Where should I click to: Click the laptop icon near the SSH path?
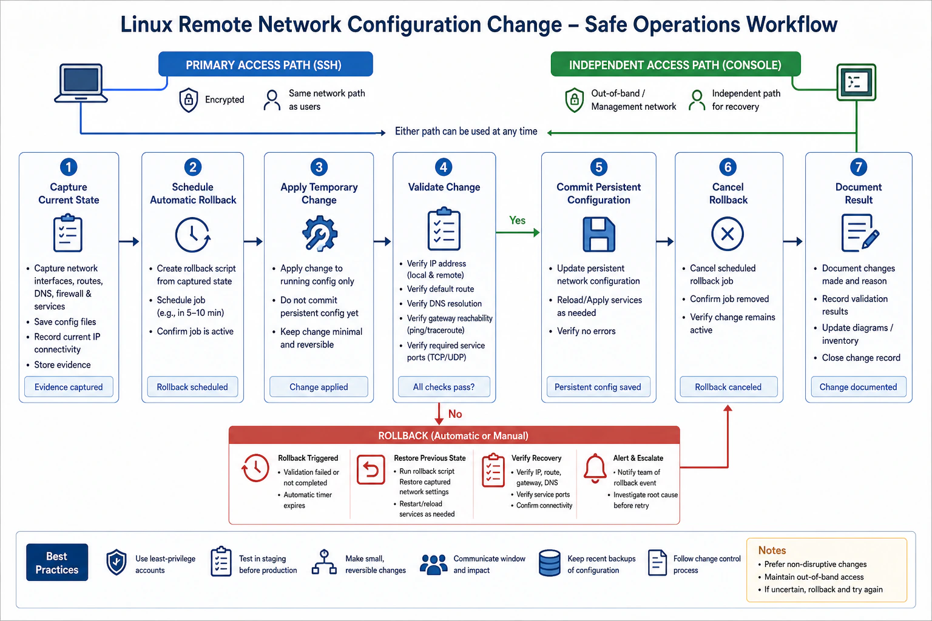[81, 82]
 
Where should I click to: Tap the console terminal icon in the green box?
[856, 82]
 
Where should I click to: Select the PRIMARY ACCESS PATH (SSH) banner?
[265, 64]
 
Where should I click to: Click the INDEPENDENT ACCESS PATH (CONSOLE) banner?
[675, 64]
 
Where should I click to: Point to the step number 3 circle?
[319, 167]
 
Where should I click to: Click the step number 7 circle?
[859, 167]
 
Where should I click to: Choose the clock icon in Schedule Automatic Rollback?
[192, 235]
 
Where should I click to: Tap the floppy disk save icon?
[599, 234]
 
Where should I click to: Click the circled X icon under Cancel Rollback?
[728, 233]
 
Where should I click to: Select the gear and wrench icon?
[319, 233]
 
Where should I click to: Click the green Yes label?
[517, 221]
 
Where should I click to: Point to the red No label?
[454, 414]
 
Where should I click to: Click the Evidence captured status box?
[69, 387]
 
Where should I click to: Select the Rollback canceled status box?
[729, 387]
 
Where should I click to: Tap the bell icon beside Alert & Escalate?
[595, 468]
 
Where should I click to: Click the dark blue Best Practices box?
[57, 562]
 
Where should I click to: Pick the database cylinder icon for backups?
[549, 563]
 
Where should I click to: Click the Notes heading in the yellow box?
[772, 550]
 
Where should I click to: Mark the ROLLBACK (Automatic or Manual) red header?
[454, 435]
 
